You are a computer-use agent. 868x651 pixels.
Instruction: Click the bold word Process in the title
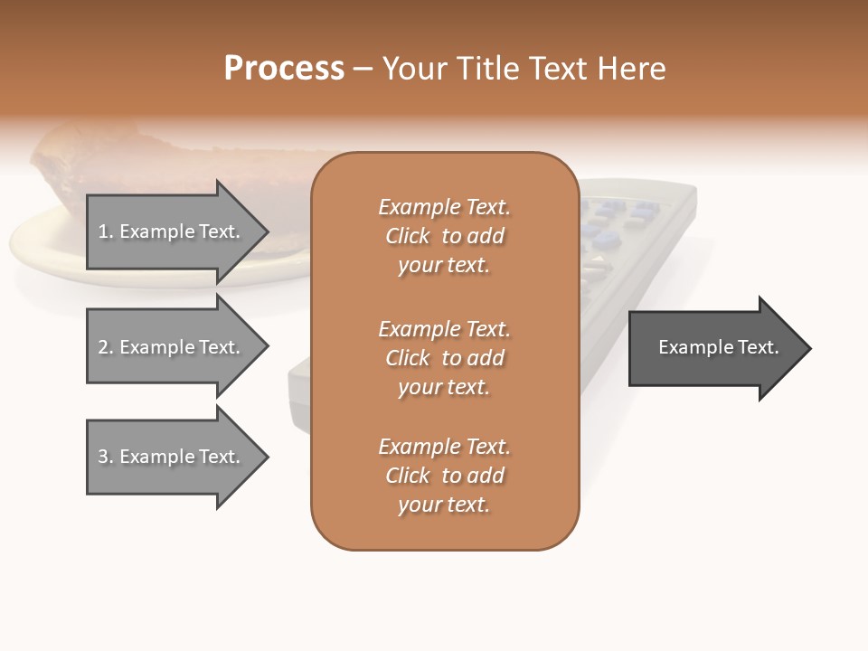pyautogui.click(x=284, y=69)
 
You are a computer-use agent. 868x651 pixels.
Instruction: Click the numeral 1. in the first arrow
pyautogui.click(x=106, y=231)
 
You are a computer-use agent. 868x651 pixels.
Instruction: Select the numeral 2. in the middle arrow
pyautogui.click(x=106, y=347)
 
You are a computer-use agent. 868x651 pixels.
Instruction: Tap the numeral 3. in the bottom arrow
pyautogui.click(x=106, y=457)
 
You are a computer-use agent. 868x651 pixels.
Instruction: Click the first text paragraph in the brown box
pyautogui.click(x=444, y=236)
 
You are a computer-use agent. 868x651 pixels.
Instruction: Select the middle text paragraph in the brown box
pyautogui.click(x=444, y=358)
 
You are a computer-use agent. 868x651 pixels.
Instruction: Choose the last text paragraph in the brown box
pyautogui.click(x=444, y=476)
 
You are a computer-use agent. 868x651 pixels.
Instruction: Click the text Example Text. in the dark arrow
pyautogui.click(x=719, y=347)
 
